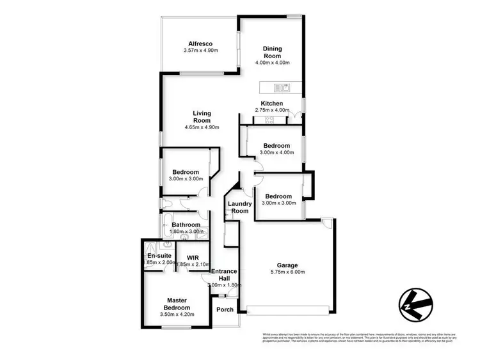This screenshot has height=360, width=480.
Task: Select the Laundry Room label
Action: click(239, 207)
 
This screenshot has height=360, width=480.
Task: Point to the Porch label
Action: click(225, 309)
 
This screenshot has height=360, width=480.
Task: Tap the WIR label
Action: click(193, 258)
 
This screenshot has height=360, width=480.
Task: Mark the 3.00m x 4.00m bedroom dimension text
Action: click(277, 152)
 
